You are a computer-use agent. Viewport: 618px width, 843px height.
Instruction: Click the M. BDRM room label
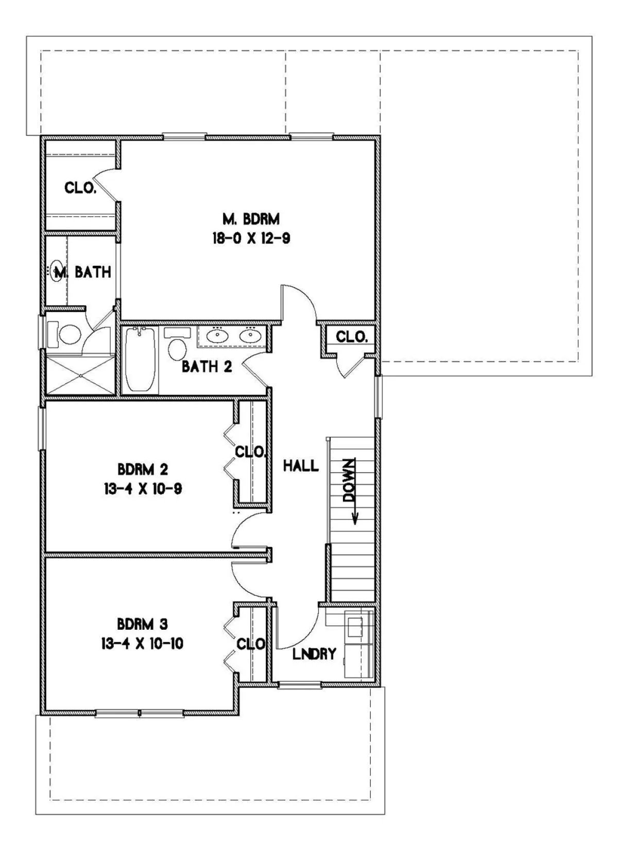(x=251, y=219)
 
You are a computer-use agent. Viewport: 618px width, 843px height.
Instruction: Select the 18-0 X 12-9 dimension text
(x=251, y=238)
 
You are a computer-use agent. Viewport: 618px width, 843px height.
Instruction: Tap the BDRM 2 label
(x=143, y=469)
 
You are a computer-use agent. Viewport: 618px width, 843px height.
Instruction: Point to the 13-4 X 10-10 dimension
(x=142, y=643)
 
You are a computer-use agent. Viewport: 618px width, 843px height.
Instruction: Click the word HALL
(x=301, y=466)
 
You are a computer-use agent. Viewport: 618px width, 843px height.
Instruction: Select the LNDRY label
(x=314, y=654)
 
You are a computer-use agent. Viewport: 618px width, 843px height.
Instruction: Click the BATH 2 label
(x=207, y=367)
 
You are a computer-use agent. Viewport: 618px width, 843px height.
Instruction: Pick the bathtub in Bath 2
(x=140, y=359)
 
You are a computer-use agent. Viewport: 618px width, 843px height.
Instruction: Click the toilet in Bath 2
(x=177, y=345)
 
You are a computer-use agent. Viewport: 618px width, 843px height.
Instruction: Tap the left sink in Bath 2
(x=217, y=335)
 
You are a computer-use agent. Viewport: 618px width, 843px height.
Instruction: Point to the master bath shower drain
(x=80, y=375)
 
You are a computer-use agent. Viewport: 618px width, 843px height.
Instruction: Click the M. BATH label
(x=83, y=272)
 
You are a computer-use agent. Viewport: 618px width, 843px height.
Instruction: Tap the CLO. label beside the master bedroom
(x=80, y=187)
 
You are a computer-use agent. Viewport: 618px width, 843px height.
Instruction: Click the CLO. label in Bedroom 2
(x=251, y=452)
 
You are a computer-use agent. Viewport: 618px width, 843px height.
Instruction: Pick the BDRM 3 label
(x=142, y=624)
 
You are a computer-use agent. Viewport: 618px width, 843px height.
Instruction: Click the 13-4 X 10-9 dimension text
(x=143, y=489)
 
